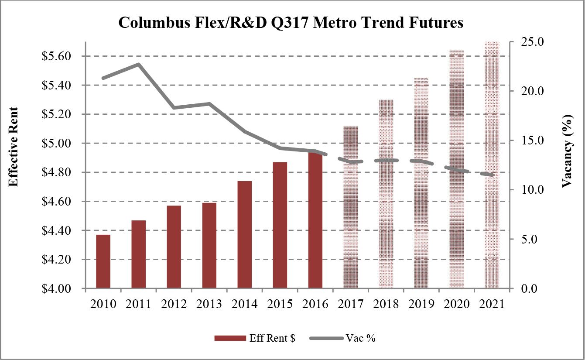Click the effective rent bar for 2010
[103, 261]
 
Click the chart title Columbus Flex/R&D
[291, 23]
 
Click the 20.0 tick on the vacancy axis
[529, 91]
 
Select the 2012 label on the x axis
[174, 304]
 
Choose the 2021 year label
[492, 304]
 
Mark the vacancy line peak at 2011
[139, 65]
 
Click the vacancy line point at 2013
[209, 104]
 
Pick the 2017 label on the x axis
[351, 304]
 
